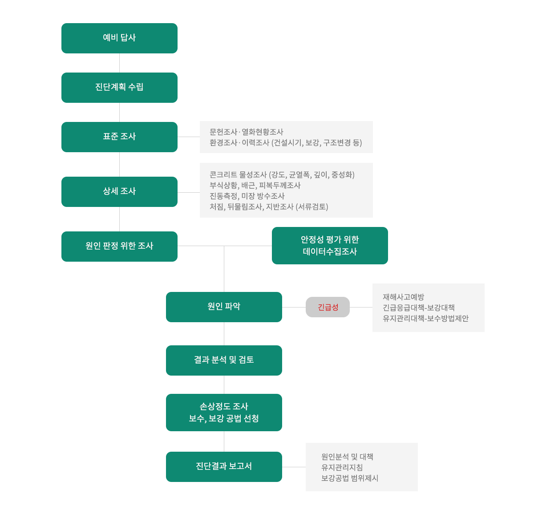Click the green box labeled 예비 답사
tap(119, 38)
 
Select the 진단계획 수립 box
tap(119, 88)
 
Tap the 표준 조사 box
tap(119, 137)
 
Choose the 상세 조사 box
tap(119, 191)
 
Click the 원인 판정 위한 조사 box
tap(119, 246)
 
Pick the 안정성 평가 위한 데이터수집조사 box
tap(330, 245)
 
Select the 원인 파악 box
tap(224, 307)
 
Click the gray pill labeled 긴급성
tap(328, 307)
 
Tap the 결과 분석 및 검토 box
tap(224, 360)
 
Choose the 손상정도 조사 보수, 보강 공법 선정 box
tap(224, 412)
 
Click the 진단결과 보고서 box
tap(224, 466)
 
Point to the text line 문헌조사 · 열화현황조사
tap(246, 132)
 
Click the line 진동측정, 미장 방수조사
tap(247, 196)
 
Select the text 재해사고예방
tap(403, 297)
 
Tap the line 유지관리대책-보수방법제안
tap(425, 318)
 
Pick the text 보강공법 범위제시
tap(350, 478)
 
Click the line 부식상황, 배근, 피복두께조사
tap(255, 185)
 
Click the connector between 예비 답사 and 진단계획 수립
tap(119, 63)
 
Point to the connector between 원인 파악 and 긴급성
tap(294, 307)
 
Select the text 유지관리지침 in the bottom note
tap(342, 467)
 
